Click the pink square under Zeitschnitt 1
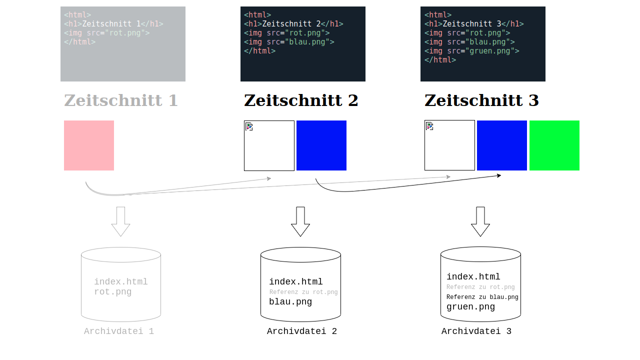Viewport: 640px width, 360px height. [x=89, y=145]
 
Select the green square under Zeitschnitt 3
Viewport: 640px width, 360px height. [x=554, y=145]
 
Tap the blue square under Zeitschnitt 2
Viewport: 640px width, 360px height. [x=321, y=145]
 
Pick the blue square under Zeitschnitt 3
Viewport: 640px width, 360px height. [x=501, y=145]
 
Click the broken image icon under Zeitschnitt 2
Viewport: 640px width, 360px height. [x=249, y=126]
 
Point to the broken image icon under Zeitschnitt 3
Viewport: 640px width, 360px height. [x=429, y=126]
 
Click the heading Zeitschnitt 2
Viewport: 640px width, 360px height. [x=301, y=100]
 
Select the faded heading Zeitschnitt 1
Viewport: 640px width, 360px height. [x=121, y=100]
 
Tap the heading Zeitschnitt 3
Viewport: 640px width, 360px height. [x=481, y=100]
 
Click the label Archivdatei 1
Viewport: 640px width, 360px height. [x=119, y=331]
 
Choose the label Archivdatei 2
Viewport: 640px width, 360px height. [x=302, y=331]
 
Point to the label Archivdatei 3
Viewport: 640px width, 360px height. [x=476, y=331]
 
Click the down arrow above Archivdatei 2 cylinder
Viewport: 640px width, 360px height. [x=300, y=221]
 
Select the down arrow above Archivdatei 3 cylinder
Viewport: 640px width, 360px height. [x=480, y=221]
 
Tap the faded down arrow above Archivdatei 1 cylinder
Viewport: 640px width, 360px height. [x=120, y=221]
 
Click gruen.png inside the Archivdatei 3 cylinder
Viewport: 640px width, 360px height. [x=470, y=307]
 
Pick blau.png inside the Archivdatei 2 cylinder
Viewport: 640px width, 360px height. [x=290, y=301]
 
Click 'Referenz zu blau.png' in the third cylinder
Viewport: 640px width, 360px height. [x=482, y=297]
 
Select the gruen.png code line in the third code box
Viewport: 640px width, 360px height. [x=471, y=51]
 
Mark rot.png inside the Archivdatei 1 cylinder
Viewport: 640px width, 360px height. [x=113, y=292]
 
